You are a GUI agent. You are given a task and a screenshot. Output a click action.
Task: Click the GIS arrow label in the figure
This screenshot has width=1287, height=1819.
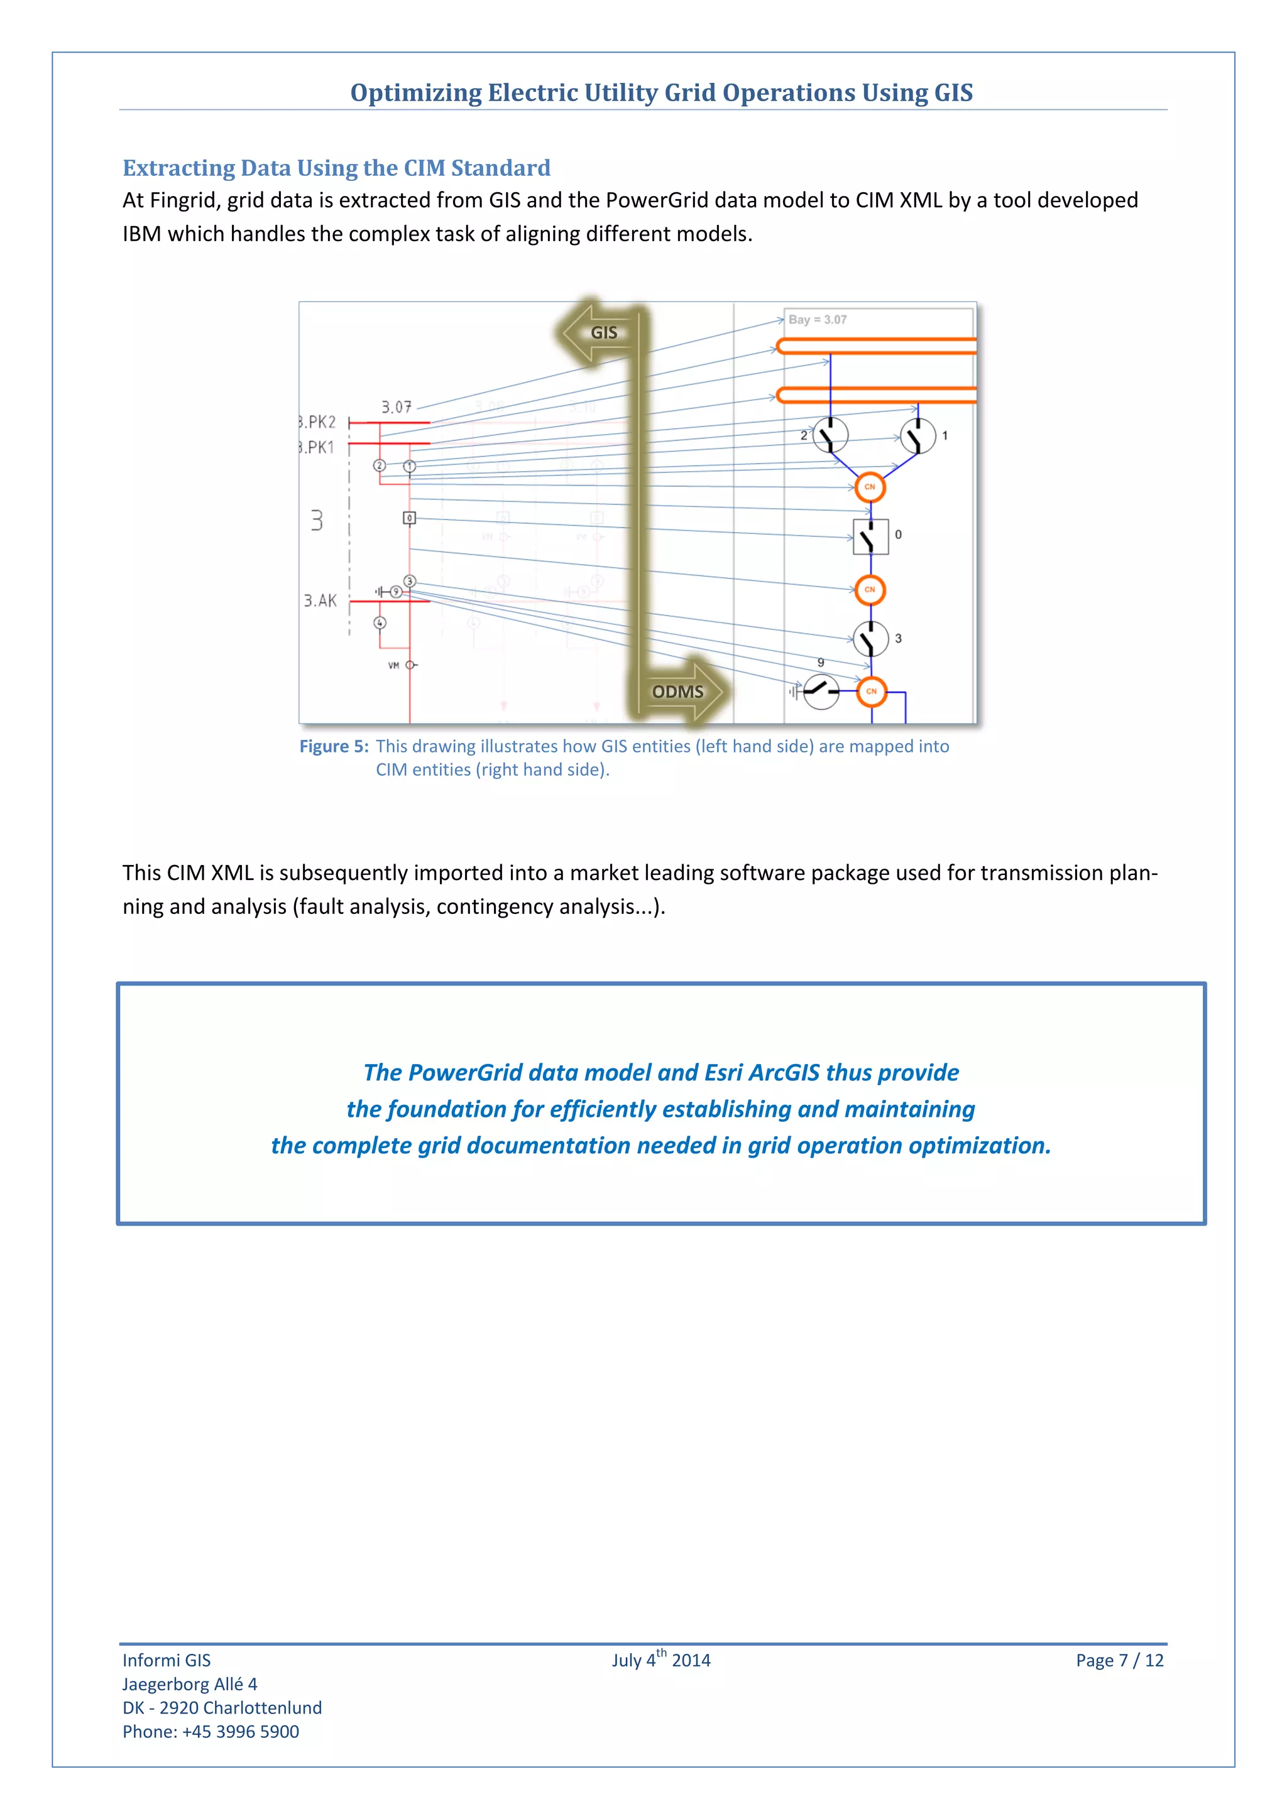click(x=603, y=333)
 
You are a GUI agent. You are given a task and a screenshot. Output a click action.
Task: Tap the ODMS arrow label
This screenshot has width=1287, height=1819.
click(x=677, y=692)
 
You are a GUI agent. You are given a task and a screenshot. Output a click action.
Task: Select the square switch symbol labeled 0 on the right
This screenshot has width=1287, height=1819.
click(x=870, y=537)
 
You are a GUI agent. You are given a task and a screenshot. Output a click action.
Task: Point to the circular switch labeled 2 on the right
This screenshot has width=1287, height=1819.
click(x=830, y=435)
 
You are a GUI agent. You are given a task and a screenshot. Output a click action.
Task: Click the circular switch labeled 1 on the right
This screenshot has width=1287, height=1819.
click(x=917, y=436)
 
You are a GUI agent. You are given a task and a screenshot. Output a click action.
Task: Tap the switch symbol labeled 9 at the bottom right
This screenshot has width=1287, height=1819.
click(x=820, y=691)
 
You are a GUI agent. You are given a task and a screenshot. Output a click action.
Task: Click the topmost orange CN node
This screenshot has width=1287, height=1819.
click(x=870, y=487)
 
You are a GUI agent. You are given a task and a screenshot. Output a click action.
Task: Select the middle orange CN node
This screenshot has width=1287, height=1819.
click(x=870, y=589)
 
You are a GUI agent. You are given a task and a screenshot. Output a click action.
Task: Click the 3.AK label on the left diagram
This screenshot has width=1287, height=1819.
click(x=320, y=600)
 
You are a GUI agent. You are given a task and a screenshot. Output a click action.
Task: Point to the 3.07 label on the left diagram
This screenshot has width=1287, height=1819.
click(x=397, y=407)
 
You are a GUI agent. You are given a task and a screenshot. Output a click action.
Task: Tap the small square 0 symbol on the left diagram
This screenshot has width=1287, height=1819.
click(x=409, y=518)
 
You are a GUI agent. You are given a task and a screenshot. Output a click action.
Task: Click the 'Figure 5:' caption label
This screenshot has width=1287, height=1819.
click(x=334, y=746)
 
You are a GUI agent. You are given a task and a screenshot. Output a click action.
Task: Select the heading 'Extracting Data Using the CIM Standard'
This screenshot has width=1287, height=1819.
click(x=336, y=168)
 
